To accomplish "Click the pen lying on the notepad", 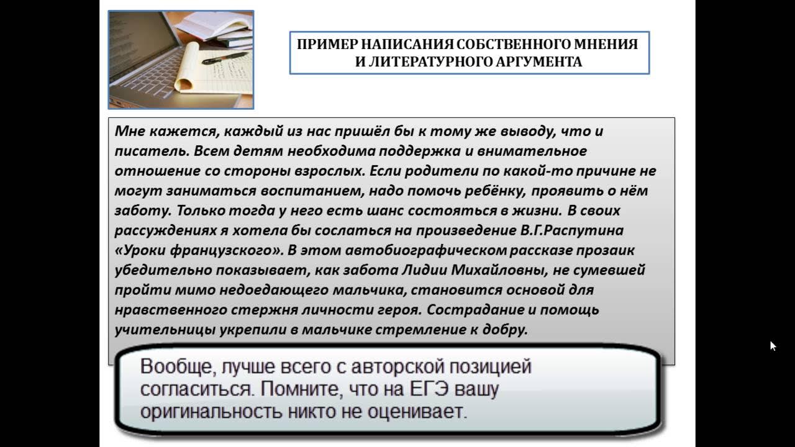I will click(x=224, y=59).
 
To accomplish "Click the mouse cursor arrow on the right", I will click(x=773, y=346).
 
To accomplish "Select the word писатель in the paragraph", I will click(x=150, y=151).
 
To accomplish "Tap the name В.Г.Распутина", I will click(x=571, y=230).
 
